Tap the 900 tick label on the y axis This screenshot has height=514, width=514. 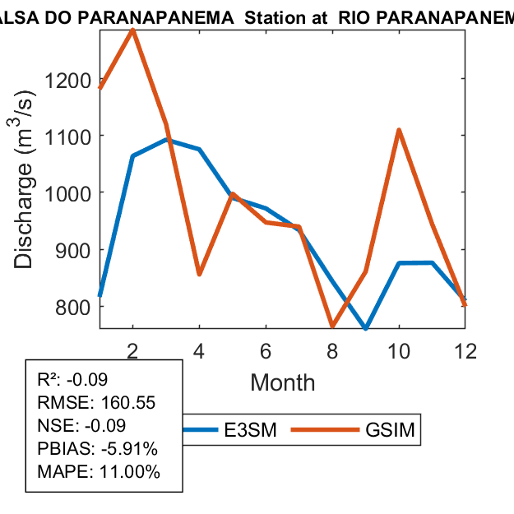pos(75,249)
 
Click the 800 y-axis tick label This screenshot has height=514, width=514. pos(75,306)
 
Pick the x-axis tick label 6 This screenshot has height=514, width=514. pos(266,350)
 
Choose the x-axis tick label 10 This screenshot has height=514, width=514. pos(399,350)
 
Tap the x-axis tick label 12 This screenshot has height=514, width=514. pos(465,350)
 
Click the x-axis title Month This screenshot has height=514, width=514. pos(282,382)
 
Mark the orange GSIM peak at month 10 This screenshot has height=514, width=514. pos(399,131)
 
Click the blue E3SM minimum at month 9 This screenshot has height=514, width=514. pos(366,328)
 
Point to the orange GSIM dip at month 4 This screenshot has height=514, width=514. pos(199,274)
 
